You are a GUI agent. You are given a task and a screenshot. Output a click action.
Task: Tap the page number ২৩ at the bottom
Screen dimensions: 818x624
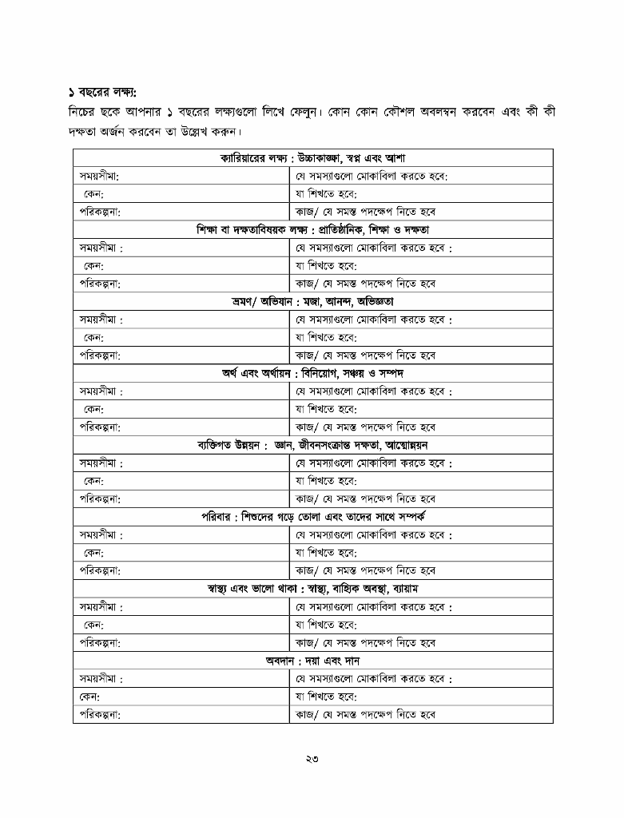pyautogui.click(x=312, y=760)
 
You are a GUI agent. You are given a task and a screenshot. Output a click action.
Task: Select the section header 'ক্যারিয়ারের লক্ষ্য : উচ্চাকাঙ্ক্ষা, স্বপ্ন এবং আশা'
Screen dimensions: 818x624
pyautogui.click(x=312, y=158)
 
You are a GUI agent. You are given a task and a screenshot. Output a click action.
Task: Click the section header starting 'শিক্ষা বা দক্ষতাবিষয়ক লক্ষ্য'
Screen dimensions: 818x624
pyautogui.click(x=312, y=230)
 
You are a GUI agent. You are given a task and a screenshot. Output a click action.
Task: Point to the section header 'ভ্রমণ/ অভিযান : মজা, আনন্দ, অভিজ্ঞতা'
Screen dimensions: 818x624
pyautogui.click(x=312, y=302)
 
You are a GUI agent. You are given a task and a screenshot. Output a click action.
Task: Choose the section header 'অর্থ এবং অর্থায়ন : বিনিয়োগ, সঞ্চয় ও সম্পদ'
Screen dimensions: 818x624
pyautogui.click(x=312, y=374)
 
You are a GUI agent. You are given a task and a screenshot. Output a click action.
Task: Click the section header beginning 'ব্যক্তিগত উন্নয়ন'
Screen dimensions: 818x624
pyautogui.click(x=312, y=445)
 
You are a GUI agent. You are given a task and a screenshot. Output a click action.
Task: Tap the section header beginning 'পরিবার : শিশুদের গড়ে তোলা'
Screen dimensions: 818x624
pyautogui.click(x=312, y=517)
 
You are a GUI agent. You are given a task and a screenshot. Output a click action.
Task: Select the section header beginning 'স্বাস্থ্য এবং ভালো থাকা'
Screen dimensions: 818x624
pyautogui.click(x=312, y=589)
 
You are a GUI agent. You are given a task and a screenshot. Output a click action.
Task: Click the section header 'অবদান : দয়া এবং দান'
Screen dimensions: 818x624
pyautogui.click(x=312, y=661)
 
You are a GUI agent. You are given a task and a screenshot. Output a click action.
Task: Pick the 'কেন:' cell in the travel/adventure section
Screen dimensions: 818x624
pyautogui.click(x=93, y=338)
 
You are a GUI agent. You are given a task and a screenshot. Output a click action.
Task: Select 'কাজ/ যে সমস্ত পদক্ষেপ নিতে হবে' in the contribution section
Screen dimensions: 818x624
pyautogui.click(x=365, y=715)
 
